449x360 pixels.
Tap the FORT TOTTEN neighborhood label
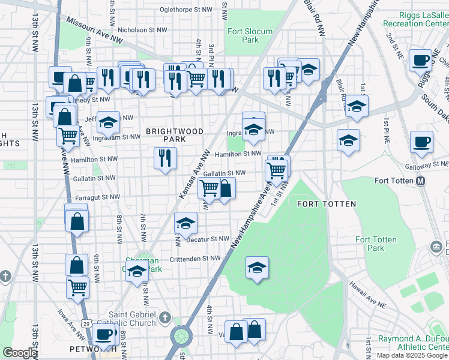point(327,204)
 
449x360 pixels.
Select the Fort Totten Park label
point(376,244)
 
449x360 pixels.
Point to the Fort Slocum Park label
point(250,35)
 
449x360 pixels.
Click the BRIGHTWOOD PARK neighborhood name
point(174,135)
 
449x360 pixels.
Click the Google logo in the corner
point(20,353)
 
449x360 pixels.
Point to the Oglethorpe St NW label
point(187,10)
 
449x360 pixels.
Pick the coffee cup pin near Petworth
point(104,334)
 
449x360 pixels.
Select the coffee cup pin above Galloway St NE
point(421,142)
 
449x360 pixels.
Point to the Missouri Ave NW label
point(94,28)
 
